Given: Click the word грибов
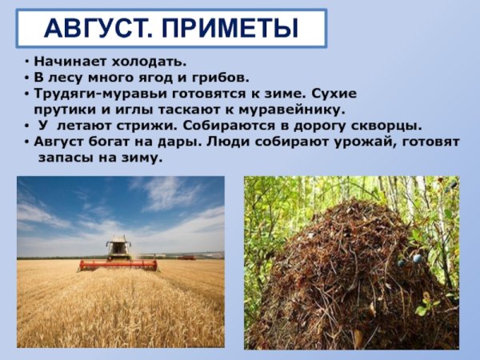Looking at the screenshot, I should (x=223, y=78).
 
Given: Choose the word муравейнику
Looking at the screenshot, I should (x=297, y=110).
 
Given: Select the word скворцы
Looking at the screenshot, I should (x=389, y=126).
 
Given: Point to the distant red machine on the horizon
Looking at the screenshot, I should (x=186, y=258).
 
